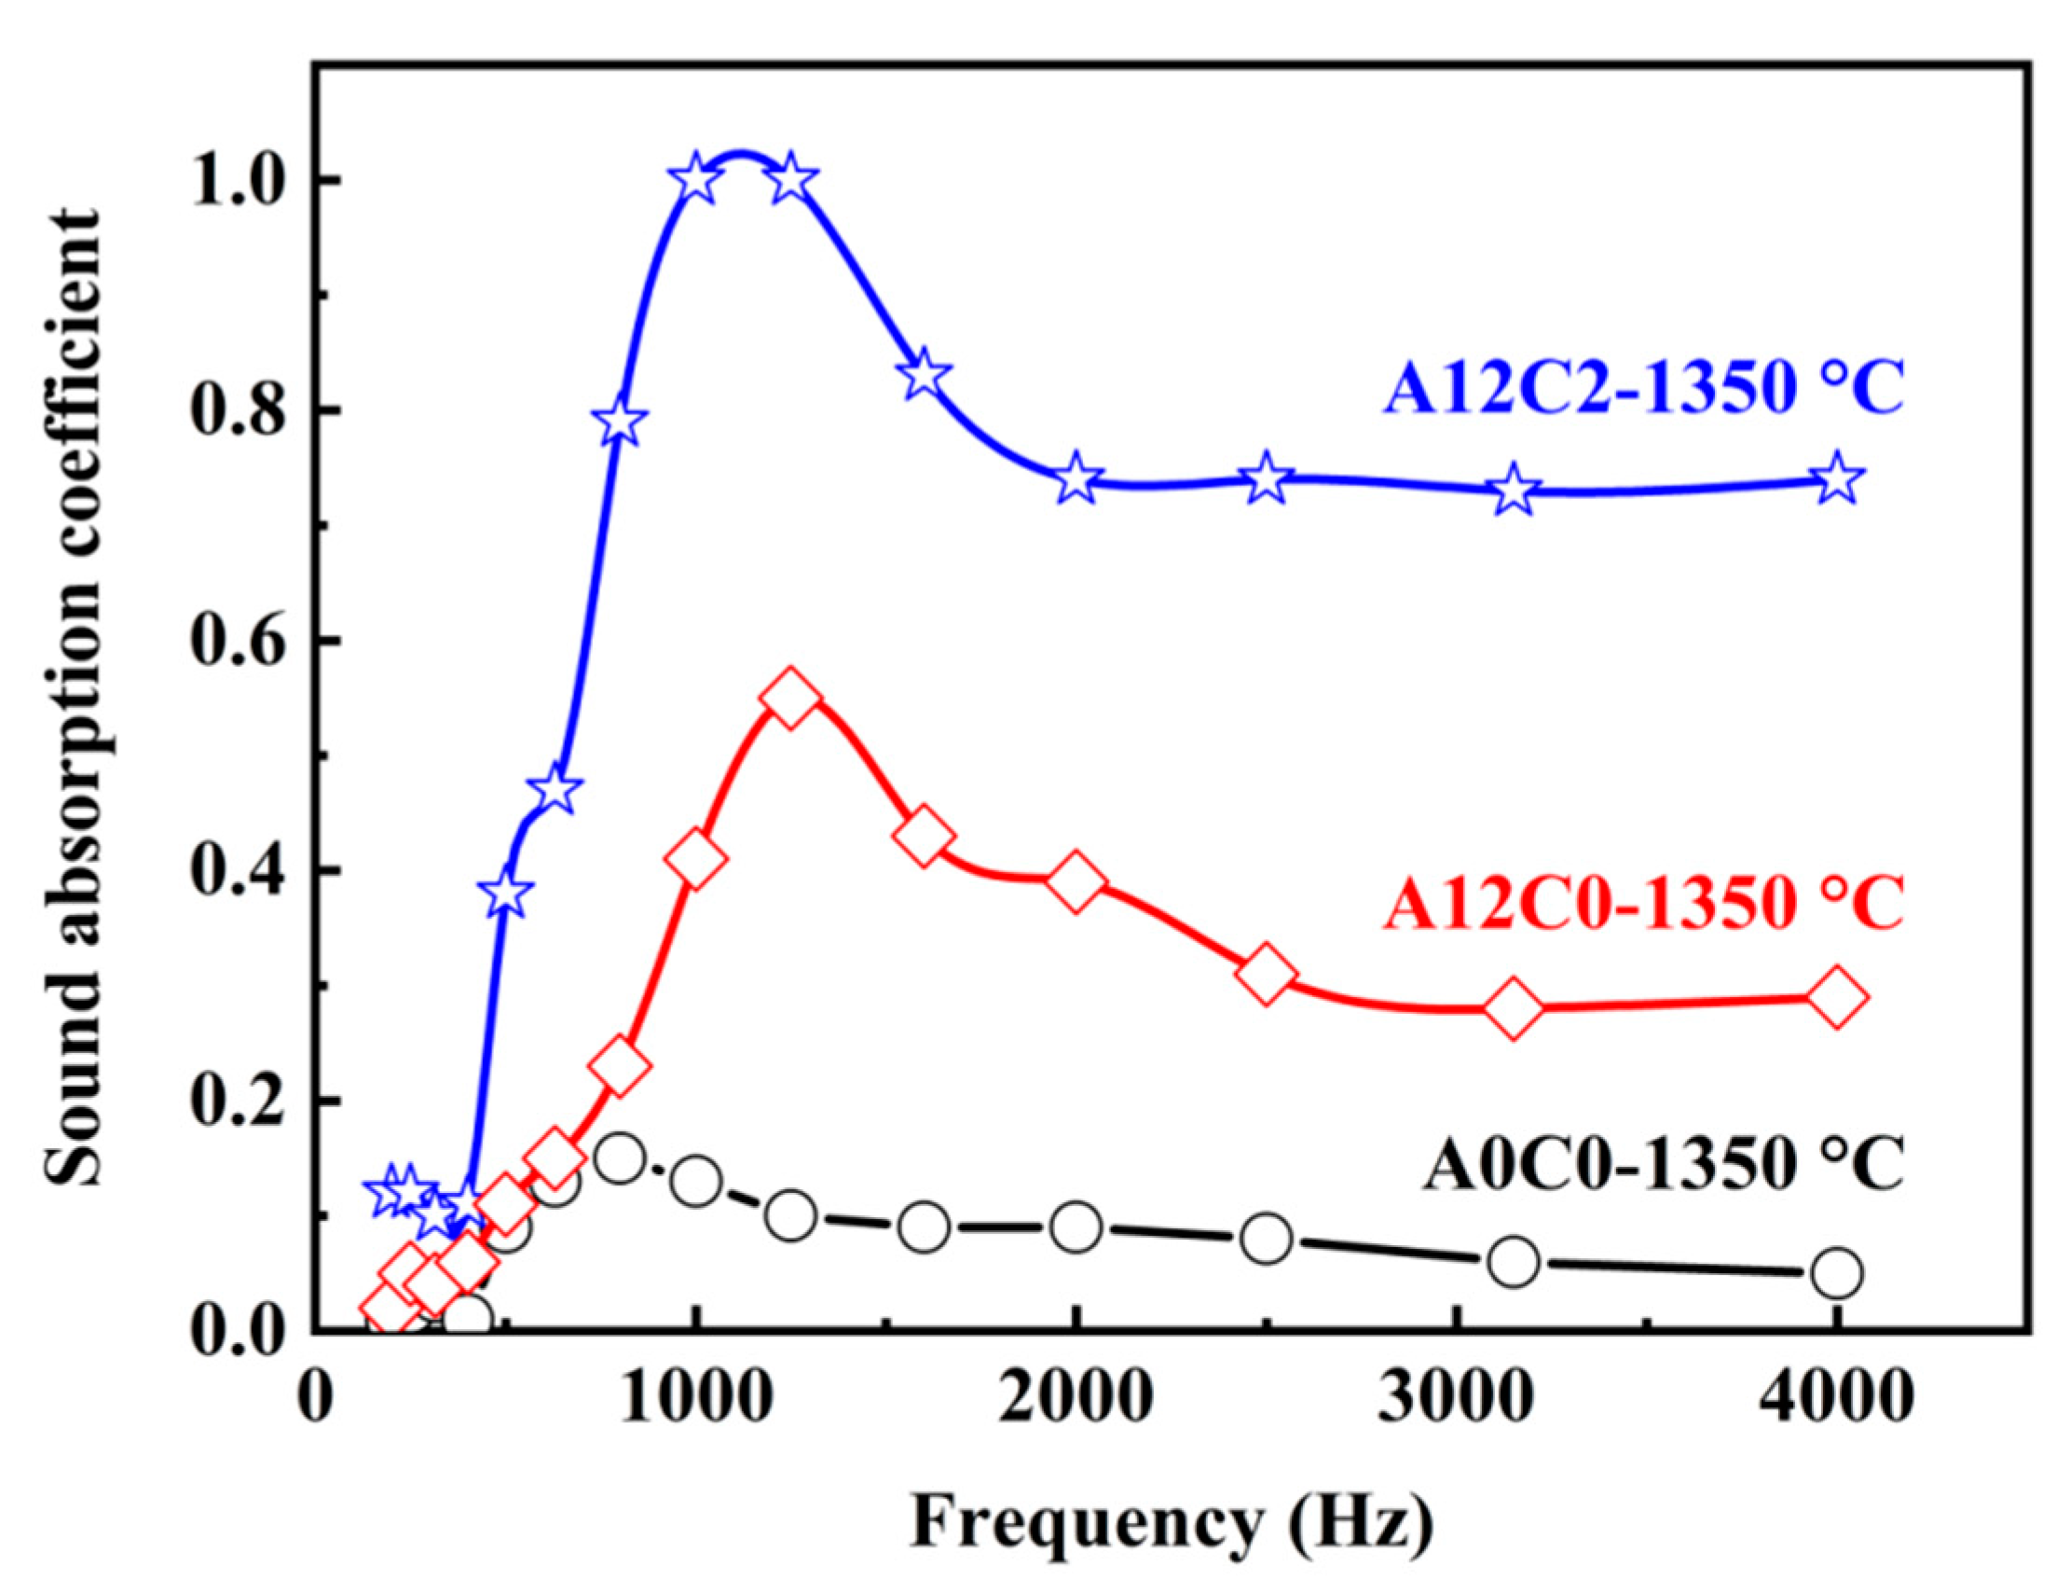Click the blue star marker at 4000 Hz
click(1837, 478)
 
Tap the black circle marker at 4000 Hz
click(1837, 1272)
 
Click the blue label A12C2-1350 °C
click(1642, 390)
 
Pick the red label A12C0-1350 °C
click(1642, 904)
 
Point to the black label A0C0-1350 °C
click(1662, 1164)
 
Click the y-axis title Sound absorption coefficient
click(73, 697)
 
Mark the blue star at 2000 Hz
click(1076, 478)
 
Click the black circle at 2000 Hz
click(1076, 1227)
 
